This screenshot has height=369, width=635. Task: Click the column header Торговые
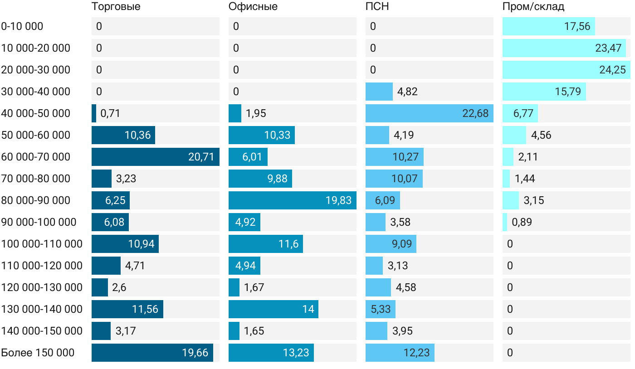[x=116, y=7]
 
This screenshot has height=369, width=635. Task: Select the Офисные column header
[x=253, y=7]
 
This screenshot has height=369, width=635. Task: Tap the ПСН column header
[x=377, y=7]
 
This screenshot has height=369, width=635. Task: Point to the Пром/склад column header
[x=533, y=7]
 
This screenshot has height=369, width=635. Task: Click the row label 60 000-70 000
[x=36, y=157]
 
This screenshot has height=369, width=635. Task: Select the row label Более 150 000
[x=38, y=353]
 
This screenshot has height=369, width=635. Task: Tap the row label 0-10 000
[x=22, y=26]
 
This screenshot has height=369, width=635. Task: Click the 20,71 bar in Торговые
[x=155, y=157]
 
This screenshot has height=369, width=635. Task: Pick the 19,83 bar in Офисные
[x=292, y=200]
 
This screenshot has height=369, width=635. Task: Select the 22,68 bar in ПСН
[x=429, y=113]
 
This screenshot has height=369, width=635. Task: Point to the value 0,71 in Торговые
[x=110, y=113]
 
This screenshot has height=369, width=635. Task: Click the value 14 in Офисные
[x=308, y=309]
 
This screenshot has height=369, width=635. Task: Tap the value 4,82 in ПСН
[x=407, y=92]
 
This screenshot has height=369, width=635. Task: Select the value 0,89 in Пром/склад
[x=522, y=222]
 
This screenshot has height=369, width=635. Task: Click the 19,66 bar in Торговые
[x=152, y=353]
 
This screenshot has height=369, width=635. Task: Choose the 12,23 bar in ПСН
[x=400, y=353]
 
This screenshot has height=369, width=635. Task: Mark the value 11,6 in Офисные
[x=288, y=244]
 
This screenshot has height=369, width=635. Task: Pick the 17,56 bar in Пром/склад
[x=548, y=26]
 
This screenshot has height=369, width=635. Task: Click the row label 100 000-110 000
[x=42, y=244]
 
